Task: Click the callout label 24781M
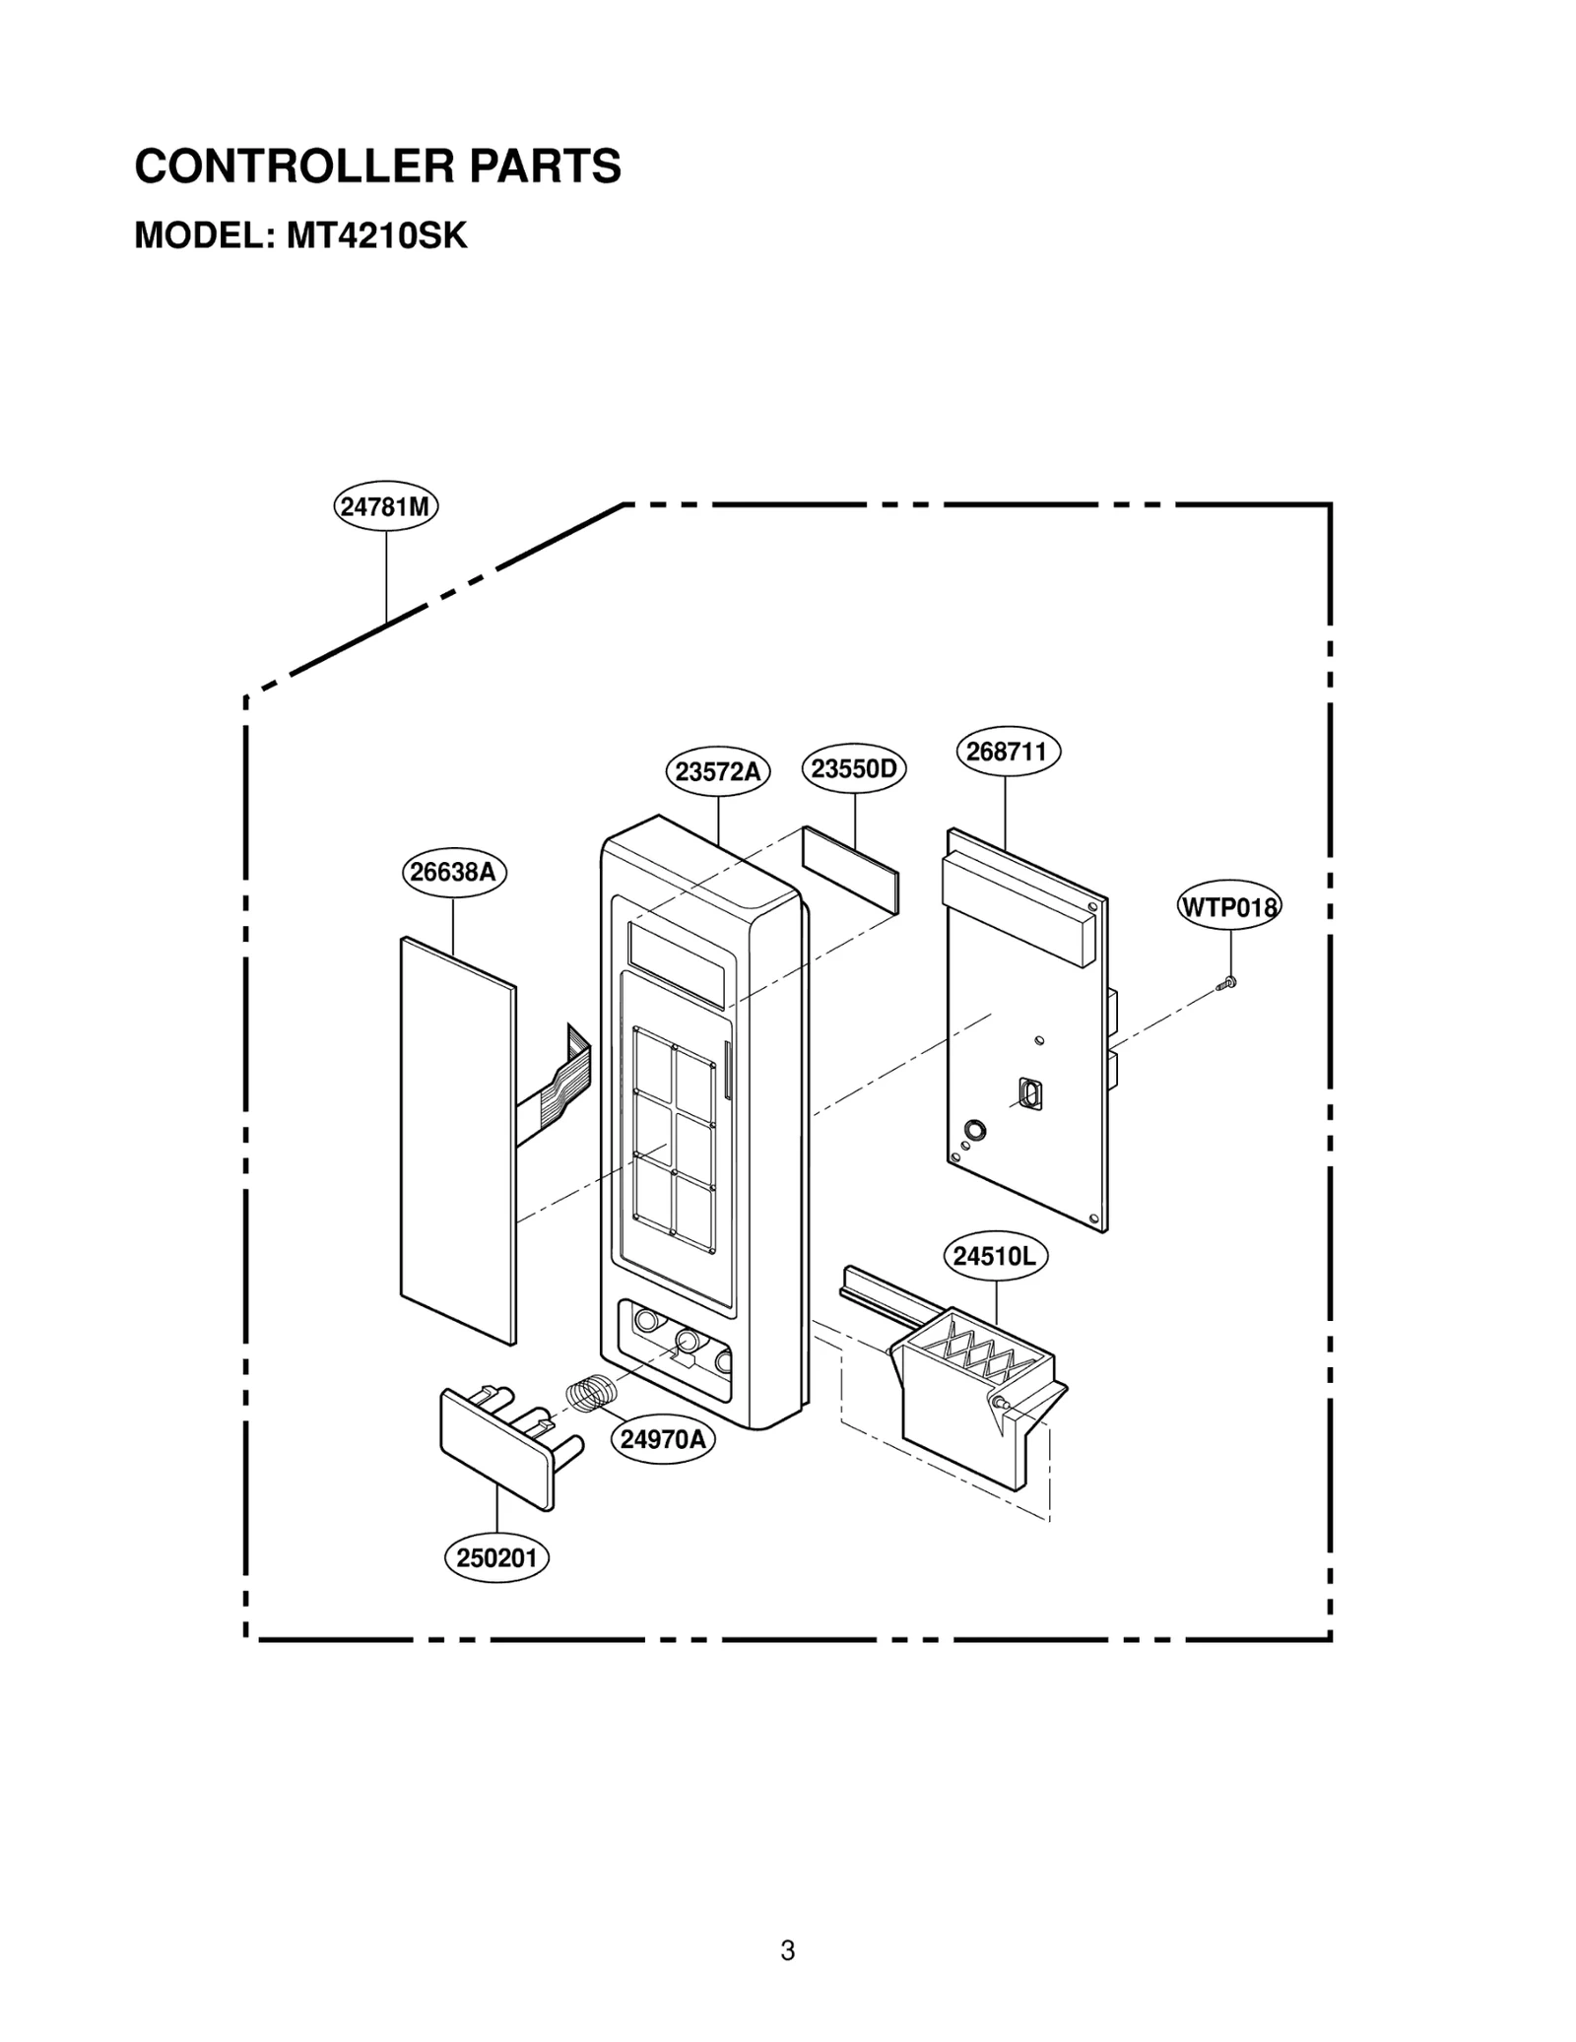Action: pos(385,506)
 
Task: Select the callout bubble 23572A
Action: pos(718,771)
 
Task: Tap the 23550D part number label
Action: pos(854,768)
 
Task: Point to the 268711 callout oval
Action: pos(1007,752)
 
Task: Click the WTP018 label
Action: pos(1229,906)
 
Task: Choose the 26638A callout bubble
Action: pos(453,872)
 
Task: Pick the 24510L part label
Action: pos(995,1256)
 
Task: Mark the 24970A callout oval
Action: pos(664,1439)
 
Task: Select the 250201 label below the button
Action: pos(496,1557)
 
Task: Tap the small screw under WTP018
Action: pos(1226,982)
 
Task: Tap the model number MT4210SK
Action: pos(377,236)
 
